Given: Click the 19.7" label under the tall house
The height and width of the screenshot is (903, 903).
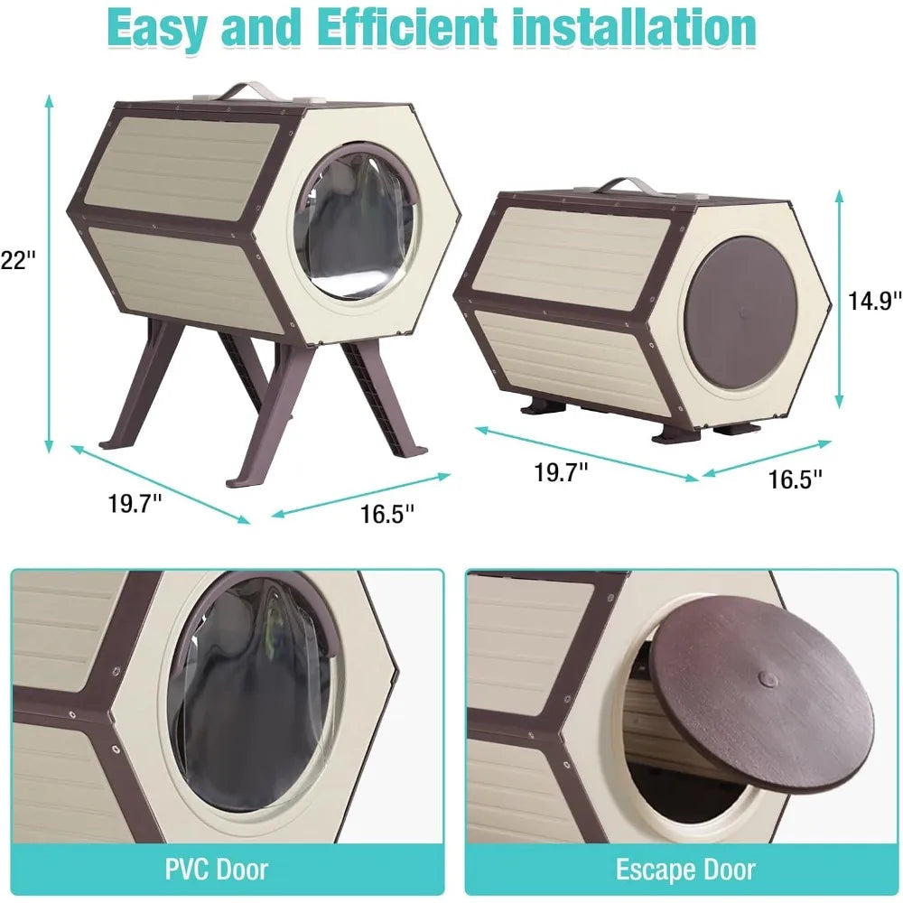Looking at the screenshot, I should click(x=135, y=504).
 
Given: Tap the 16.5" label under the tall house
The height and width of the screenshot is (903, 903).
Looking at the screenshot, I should click(x=387, y=514).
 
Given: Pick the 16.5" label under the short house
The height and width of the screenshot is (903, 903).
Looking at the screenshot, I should click(x=796, y=479).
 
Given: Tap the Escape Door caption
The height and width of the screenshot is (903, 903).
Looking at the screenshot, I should click(x=684, y=869).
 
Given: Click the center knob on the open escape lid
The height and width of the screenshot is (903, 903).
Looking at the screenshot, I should click(x=767, y=677).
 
